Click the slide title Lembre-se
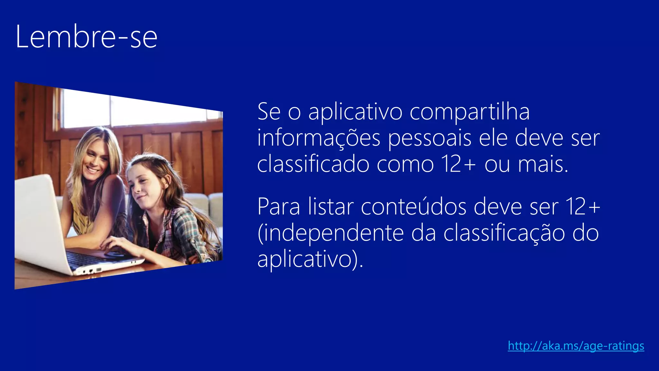[86, 37]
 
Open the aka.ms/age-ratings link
[576, 346]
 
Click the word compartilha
[469, 112]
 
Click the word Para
[279, 207]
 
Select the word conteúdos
[413, 207]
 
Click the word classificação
[504, 233]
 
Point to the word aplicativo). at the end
[310, 260]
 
